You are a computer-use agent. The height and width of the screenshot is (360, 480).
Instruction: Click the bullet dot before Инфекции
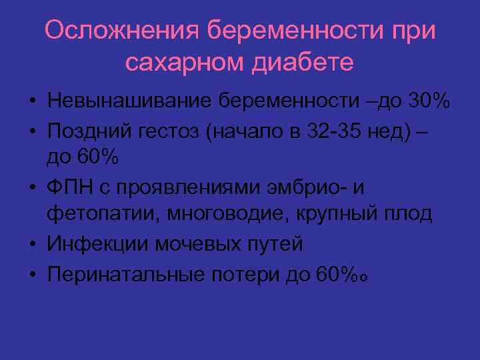[31, 245]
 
